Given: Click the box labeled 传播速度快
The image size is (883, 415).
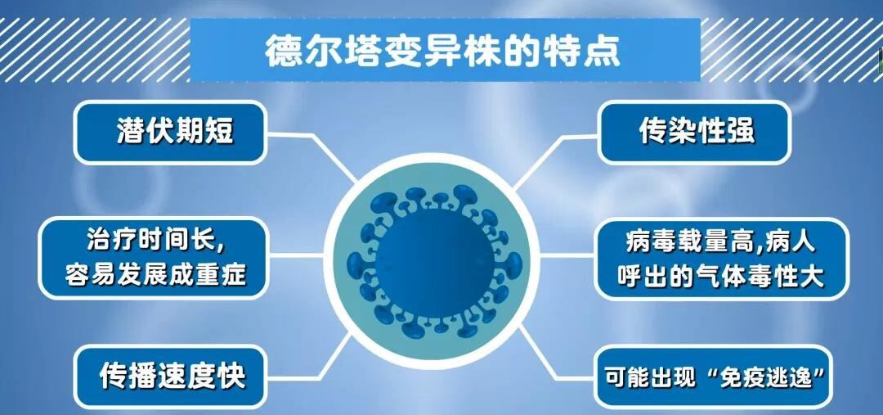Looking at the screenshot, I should pos(173,376).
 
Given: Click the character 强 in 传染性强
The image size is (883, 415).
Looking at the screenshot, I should pos(741,131).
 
